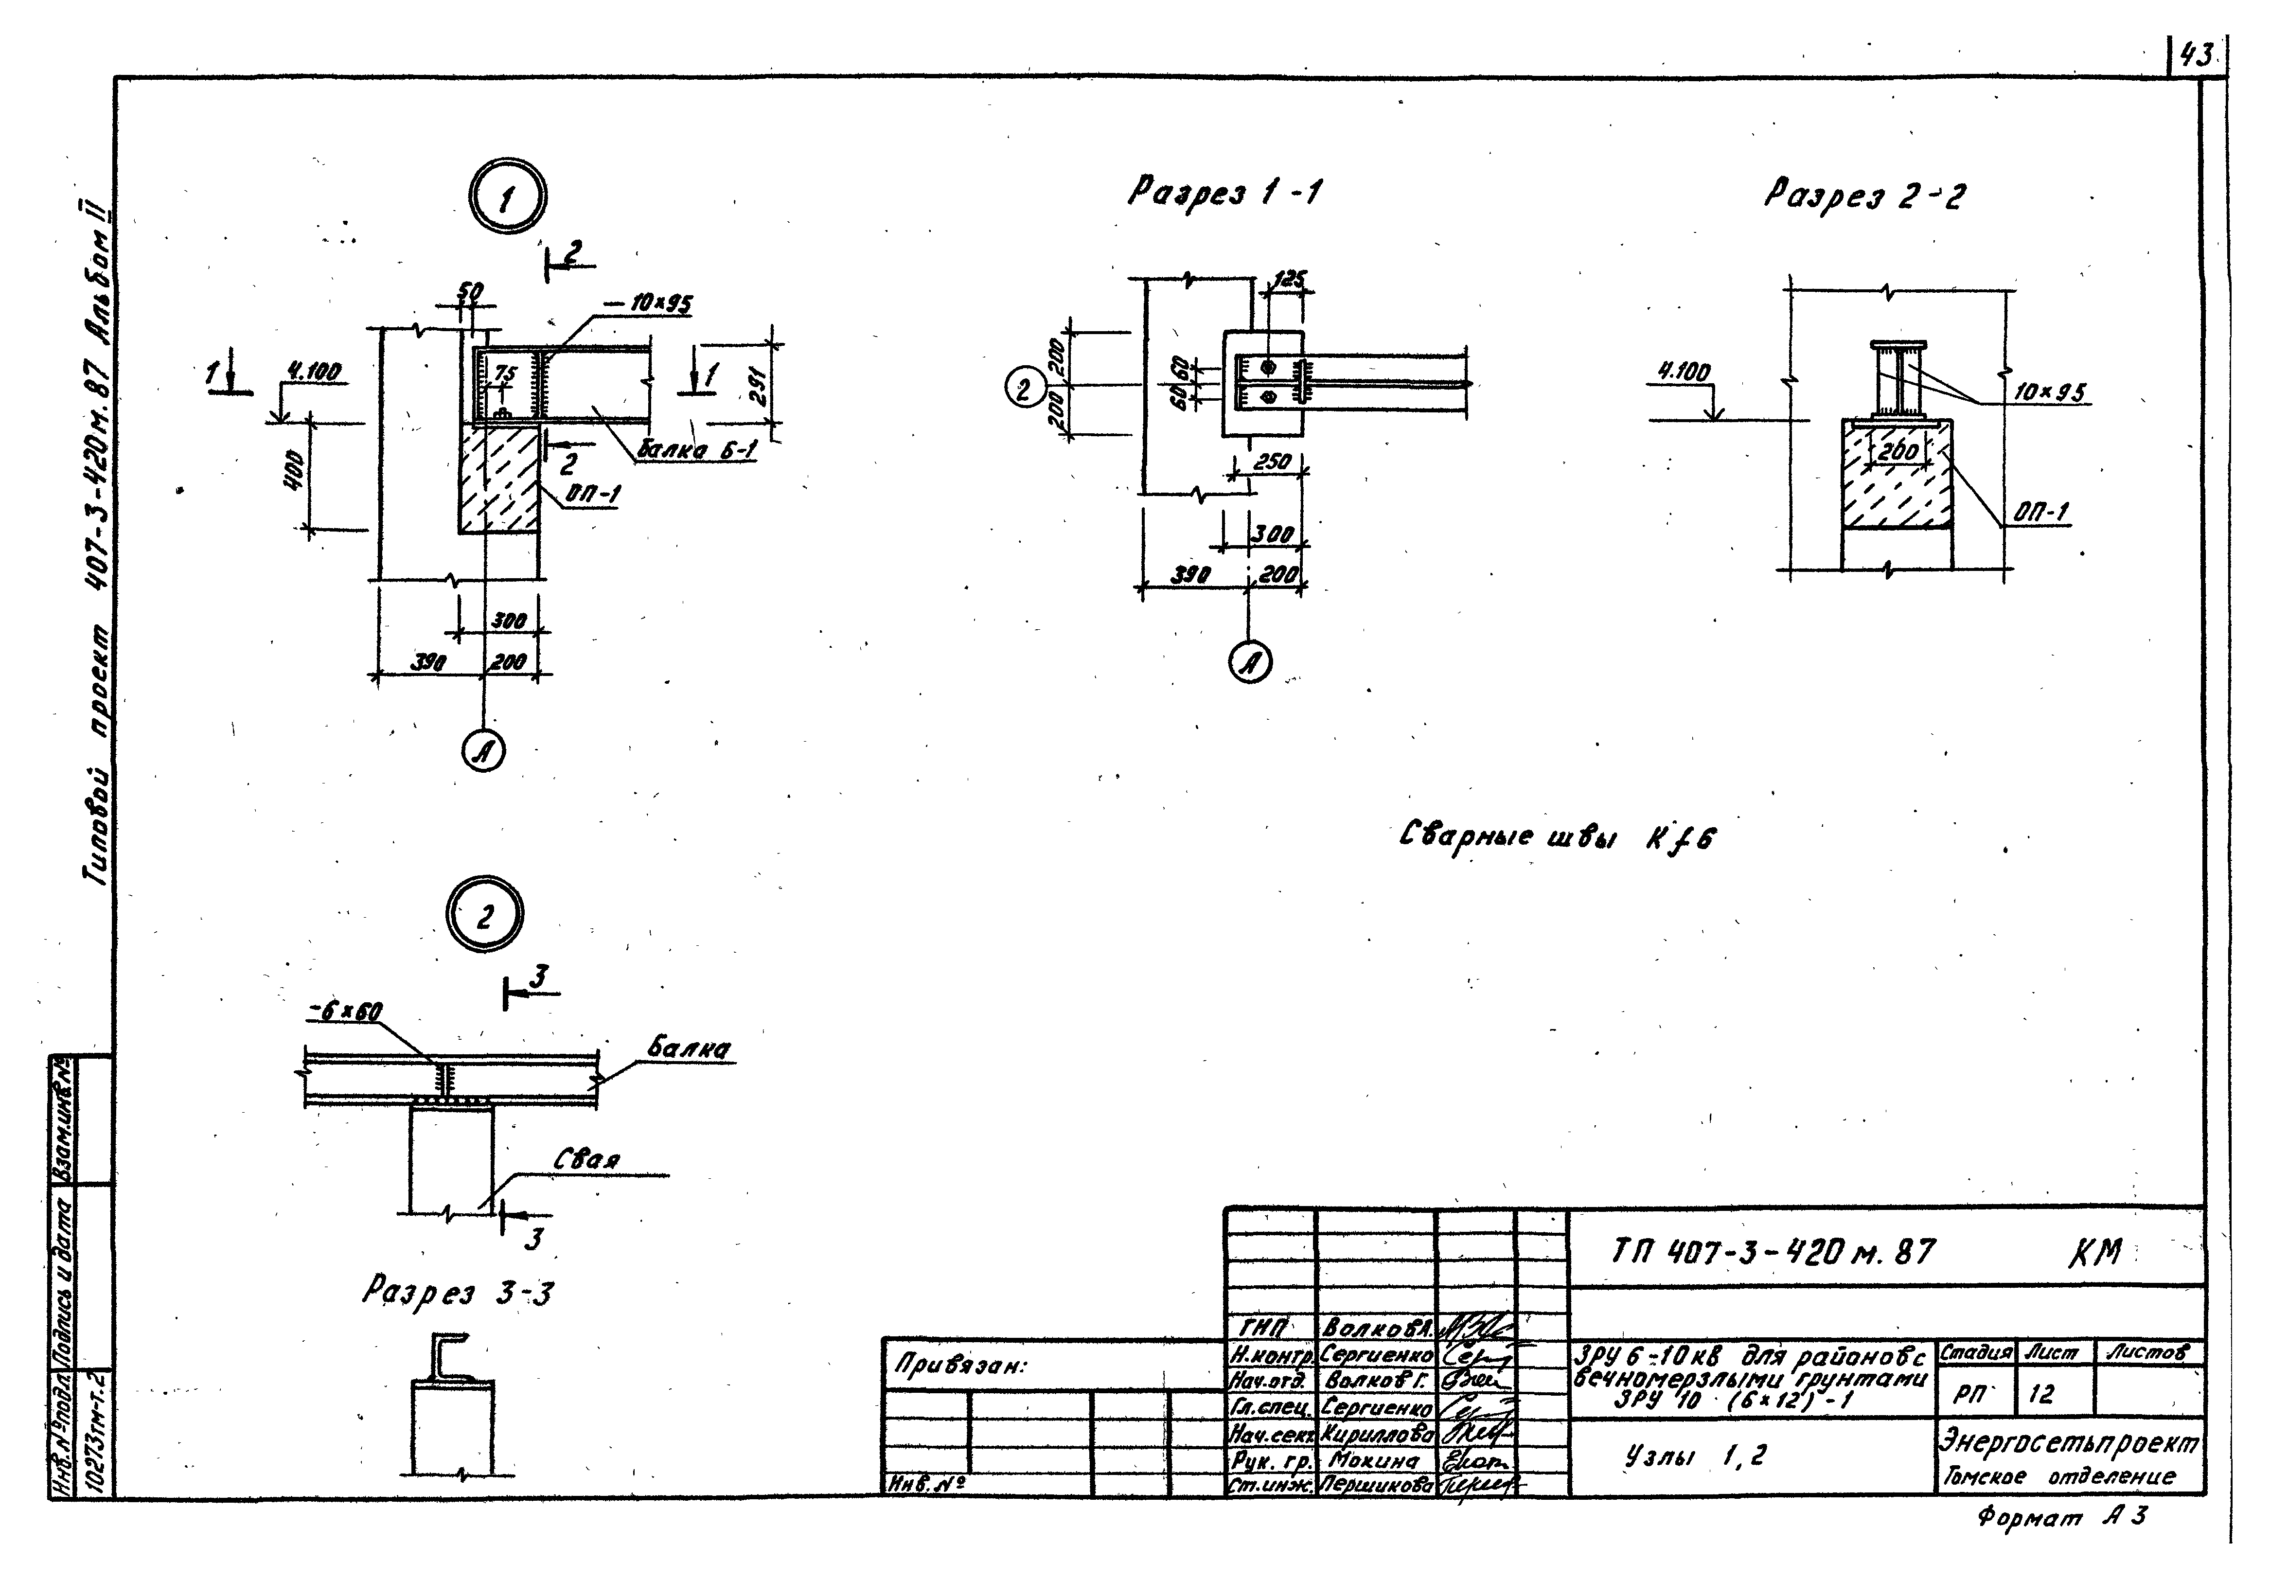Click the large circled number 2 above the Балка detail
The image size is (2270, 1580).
pyautogui.click(x=484, y=918)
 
